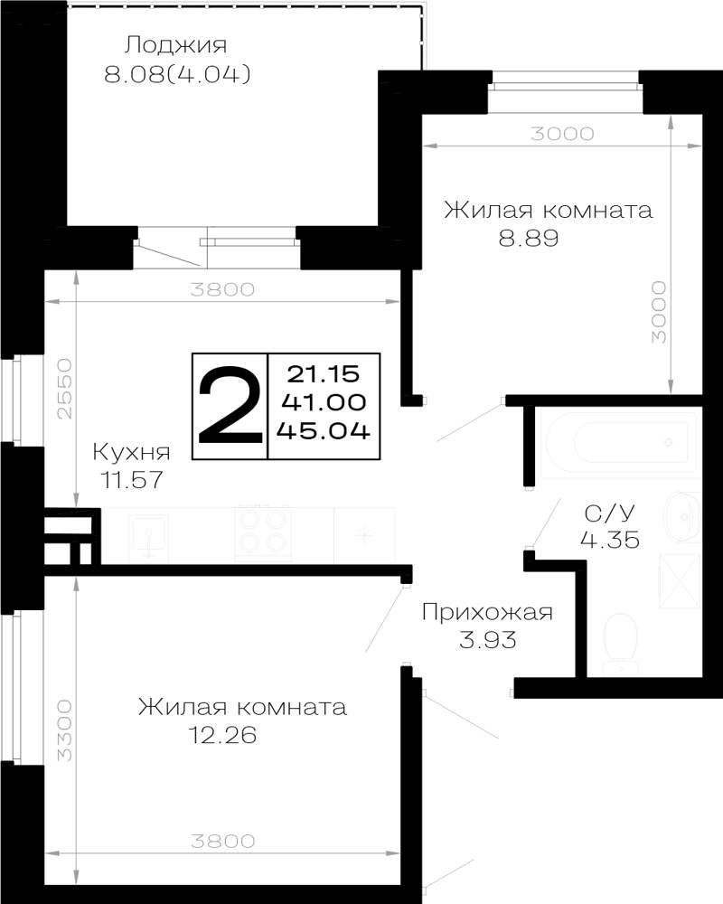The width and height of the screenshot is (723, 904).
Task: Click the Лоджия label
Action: tap(177, 45)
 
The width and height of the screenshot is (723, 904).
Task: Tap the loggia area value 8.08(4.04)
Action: tap(177, 74)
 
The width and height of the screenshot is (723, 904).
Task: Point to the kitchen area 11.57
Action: tap(132, 479)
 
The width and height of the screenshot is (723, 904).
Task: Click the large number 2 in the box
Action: tap(229, 405)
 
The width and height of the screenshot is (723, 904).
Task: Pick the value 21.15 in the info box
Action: tap(324, 374)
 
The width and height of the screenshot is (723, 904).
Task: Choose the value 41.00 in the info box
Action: tap(324, 402)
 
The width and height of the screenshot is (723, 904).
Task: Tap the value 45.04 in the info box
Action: tap(324, 430)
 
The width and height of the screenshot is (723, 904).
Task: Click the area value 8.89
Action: tap(529, 238)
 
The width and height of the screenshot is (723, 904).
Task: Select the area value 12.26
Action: tap(222, 735)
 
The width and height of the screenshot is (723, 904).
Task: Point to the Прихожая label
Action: tap(487, 612)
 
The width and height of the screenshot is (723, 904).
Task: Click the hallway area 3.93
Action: tap(487, 639)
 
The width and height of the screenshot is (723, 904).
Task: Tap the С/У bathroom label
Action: tap(609, 512)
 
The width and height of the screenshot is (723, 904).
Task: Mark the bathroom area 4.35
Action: tap(610, 540)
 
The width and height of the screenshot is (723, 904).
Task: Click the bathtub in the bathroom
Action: tap(620, 442)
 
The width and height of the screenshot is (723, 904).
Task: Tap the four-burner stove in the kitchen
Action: tap(263, 533)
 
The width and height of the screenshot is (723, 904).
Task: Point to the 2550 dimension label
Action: tap(65, 389)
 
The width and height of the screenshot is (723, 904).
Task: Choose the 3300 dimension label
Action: tap(65, 730)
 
